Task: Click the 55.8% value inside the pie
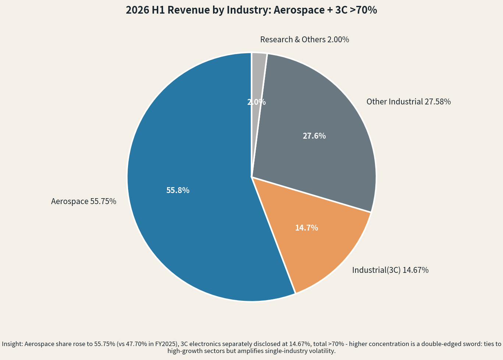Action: click(x=178, y=190)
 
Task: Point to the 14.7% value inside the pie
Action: click(x=307, y=228)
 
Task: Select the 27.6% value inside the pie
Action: click(x=314, y=136)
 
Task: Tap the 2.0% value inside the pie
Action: click(x=256, y=102)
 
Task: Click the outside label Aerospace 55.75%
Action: click(x=84, y=201)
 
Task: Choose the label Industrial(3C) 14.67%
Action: click(x=390, y=270)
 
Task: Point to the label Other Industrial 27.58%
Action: click(x=408, y=101)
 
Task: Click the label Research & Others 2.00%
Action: click(x=305, y=39)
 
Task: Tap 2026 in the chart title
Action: click(x=137, y=10)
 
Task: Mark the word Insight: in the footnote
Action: click(x=13, y=344)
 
